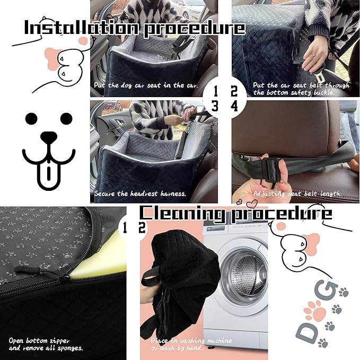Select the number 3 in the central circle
[215, 106]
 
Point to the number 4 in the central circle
[234, 106]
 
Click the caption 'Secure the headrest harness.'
[140, 194]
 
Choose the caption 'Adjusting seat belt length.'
[297, 194]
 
